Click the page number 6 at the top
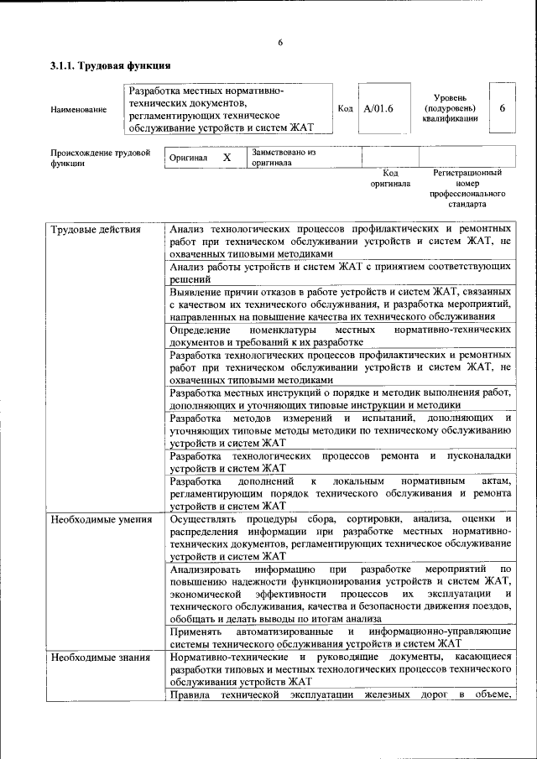280,43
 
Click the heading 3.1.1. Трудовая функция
111,65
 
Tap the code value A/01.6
379,108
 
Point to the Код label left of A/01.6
345,108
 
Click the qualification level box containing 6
502,108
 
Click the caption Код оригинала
390,178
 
